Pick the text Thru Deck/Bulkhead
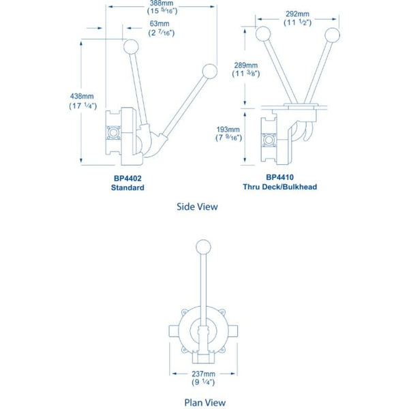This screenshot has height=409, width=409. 280,187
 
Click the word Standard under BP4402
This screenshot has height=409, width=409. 127,187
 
